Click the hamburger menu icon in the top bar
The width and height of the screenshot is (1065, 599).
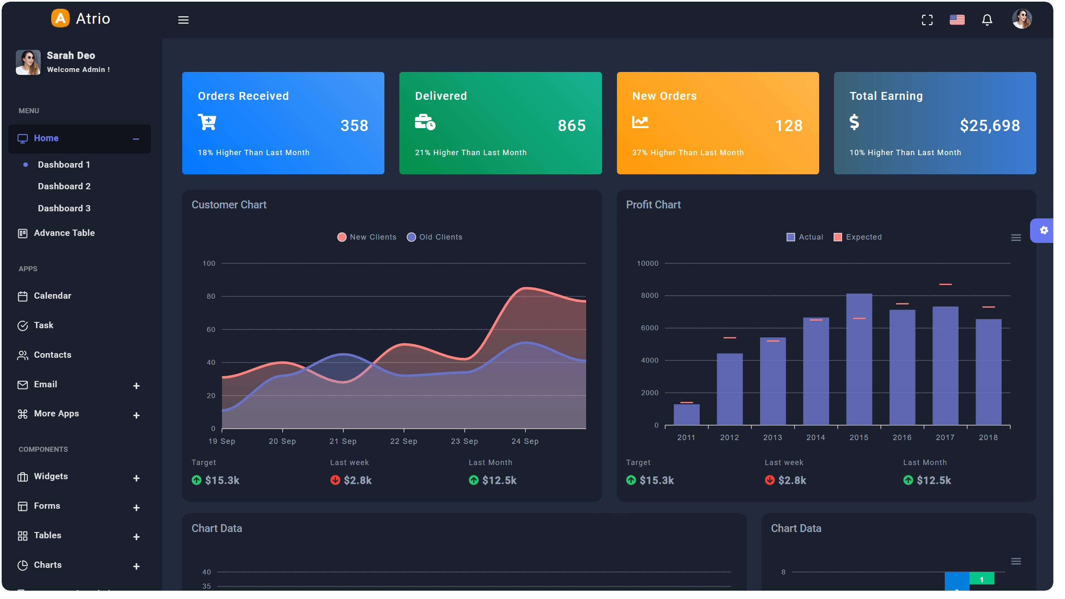pyautogui.click(x=183, y=20)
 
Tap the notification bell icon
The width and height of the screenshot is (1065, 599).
pyautogui.click(x=987, y=20)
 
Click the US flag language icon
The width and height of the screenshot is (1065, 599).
pyautogui.click(x=957, y=20)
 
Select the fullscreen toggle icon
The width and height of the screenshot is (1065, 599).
pyautogui.click(x=927, y=20)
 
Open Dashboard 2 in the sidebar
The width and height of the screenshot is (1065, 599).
pyautogui.click(x=64, y=186)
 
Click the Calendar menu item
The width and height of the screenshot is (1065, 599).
pyautogui.click(x=52, y=296)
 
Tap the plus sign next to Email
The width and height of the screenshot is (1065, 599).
pyautogui.click(x=136, y=386)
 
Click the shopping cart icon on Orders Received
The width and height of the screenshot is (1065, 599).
pyautogui.click(x=207, y=122)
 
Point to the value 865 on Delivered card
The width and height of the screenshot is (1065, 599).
pyautogui.click(x=572, y=126)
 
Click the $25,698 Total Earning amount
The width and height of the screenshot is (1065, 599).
pyautogui.click(x=990, y=126)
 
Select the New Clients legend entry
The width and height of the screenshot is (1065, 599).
pyautogui.click(x=367, y=237)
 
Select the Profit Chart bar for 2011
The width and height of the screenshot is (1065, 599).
pyautogui.click(x=686, y=414)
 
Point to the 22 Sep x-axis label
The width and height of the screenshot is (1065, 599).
pyautogui.click(x=404, y=441)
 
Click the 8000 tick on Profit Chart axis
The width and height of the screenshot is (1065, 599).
pyautogui.click(x=649, y=296)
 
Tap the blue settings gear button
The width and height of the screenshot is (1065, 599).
pyautogui.click(x=1044, y=230)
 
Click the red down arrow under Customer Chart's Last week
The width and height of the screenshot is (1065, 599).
pyautogui.click(x=335, y=480)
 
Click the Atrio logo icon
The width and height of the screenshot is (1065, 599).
pyautogui.click(x=61, y=19)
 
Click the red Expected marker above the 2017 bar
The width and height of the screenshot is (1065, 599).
pyautogui.click(x=945, y=285)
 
